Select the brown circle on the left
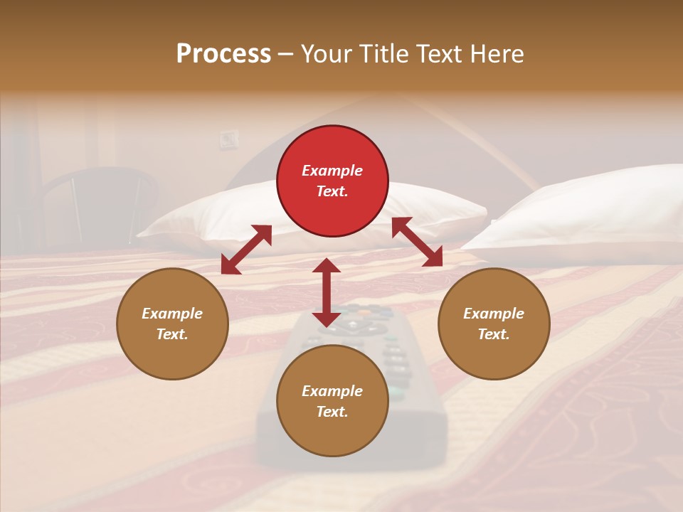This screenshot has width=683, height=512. pyautogui.click(x=172, y=324)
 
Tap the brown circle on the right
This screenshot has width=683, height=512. pyautogui.click(x=494, y=324)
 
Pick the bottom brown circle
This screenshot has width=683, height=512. pyautogui.click(x=332, y=401)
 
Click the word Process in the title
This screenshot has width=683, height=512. pyautogui.click(x=223, y=54)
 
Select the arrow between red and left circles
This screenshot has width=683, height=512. pyautogui.click(x=246, y=250)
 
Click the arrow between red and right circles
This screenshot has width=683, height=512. pyautogui.click(x=417, y=242)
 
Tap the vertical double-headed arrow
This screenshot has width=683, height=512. pyautogui.click(x=327, y=292)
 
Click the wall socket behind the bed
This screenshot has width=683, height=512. pyautogui.click(x=228, y=139)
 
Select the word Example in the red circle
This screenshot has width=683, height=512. pyautogui.click(x=332, y=171)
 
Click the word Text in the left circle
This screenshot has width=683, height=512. pyautogui.click(x=172, y=334)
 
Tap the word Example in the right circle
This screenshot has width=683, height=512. pyautogui.click(x=494, y=314)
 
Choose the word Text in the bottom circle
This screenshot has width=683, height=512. pyautogui.click(x=332, y=412)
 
